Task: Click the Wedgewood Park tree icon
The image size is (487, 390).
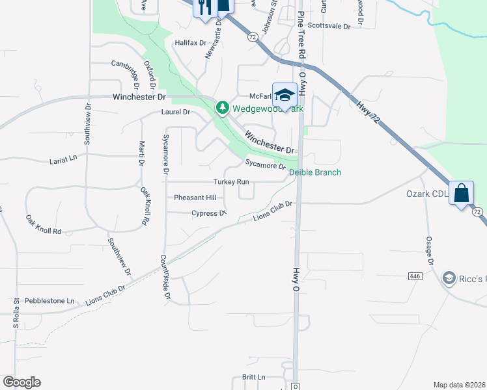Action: pyautogui.click(x=223, y=107)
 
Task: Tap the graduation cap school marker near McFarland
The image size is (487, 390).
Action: pyautogui.click(x=285, y=95)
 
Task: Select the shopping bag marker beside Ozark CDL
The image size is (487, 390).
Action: pyautogui.click(x=461, y=194)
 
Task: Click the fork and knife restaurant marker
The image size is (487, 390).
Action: pyautogui.click(x=204, y=8)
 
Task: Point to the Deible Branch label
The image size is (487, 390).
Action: pyautogui.click(x=315, y=172)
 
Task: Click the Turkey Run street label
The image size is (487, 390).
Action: pyautogui.click(x=231, y=182)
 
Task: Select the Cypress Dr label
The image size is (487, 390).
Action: pyautogui.click(x=208, y=213)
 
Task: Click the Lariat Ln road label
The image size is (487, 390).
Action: pyautogui.click(x=63, y=159)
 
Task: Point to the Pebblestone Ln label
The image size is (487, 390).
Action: pyautogui.click(x=49, y=302)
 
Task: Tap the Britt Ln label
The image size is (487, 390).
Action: pyautogui.click(x=253, y=377)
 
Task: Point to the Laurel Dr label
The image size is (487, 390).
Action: pyautogui.click(x=176, y=112)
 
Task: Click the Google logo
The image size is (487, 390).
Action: pyautogui.click(x=21, y=382)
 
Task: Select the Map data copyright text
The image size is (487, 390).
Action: pyautogui.click(x=460, y=385)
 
